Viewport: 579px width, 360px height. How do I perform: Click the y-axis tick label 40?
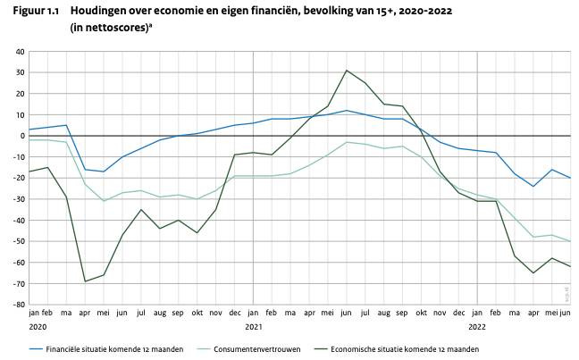19,52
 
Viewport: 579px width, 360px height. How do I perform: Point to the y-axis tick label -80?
18,305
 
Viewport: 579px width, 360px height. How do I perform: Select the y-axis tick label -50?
18,241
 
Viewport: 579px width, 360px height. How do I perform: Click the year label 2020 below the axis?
38,327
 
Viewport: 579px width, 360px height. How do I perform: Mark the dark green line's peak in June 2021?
347,70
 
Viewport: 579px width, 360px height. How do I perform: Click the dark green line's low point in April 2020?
86,281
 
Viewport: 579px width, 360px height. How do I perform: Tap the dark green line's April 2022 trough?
533,272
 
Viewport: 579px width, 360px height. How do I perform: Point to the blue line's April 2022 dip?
533,187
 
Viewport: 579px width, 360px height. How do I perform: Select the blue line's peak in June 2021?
347,111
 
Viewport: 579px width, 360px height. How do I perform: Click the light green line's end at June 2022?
570,241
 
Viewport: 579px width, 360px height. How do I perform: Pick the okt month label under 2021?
421,314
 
